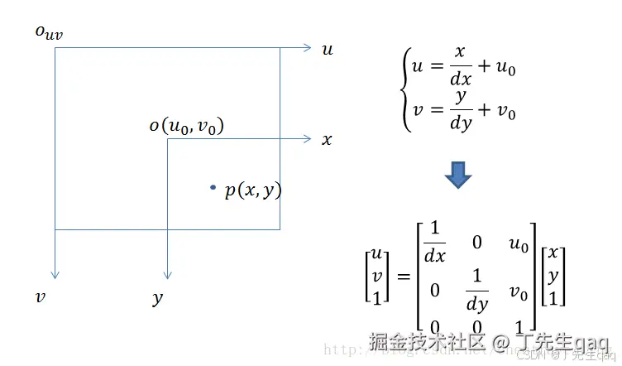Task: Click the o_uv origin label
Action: click(x=48, y=32)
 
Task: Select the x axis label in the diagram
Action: click(x=327, y=139)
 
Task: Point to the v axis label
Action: click(x=40, y=296)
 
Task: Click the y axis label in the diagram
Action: click(x=158, y=298)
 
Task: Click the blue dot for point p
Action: click(x=213, y=188)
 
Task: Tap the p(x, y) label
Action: click(x=253, y=190)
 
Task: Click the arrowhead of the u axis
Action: click(x=306, y=48)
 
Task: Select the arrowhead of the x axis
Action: click(x=306, y=138)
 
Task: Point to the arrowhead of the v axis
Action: click(x=55, y=274)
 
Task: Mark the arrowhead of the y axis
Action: click(x=167, y=274)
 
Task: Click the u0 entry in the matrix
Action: click(x=519, y=244)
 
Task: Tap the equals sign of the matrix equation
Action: click(x=403, y=276)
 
